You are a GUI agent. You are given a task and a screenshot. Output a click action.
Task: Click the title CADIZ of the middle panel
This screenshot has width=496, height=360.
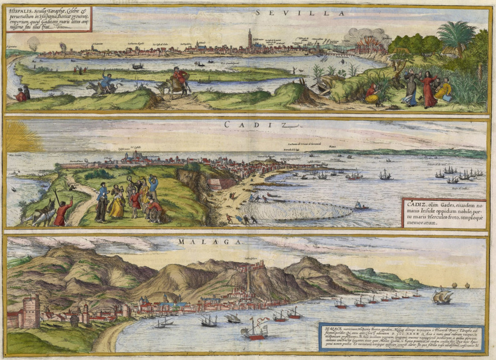(x=240, y=124)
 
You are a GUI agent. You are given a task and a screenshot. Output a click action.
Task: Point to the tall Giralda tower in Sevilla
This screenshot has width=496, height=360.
(x=250, y=39)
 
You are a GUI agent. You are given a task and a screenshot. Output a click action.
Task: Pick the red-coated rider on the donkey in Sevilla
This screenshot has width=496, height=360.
(x=180, y=79)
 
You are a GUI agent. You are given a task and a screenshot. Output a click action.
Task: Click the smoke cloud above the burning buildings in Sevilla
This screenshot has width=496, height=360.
(x=366, y=35)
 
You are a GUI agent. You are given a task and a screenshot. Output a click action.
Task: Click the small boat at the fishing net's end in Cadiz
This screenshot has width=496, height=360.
(x=360, y=206)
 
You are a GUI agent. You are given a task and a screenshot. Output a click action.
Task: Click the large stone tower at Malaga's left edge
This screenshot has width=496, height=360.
(x=30, y=312)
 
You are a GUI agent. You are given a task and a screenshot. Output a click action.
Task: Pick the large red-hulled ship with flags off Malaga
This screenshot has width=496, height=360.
(x=254, y=330)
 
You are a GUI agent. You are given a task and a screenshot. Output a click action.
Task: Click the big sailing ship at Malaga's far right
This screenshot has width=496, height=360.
(x=443, y=297)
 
